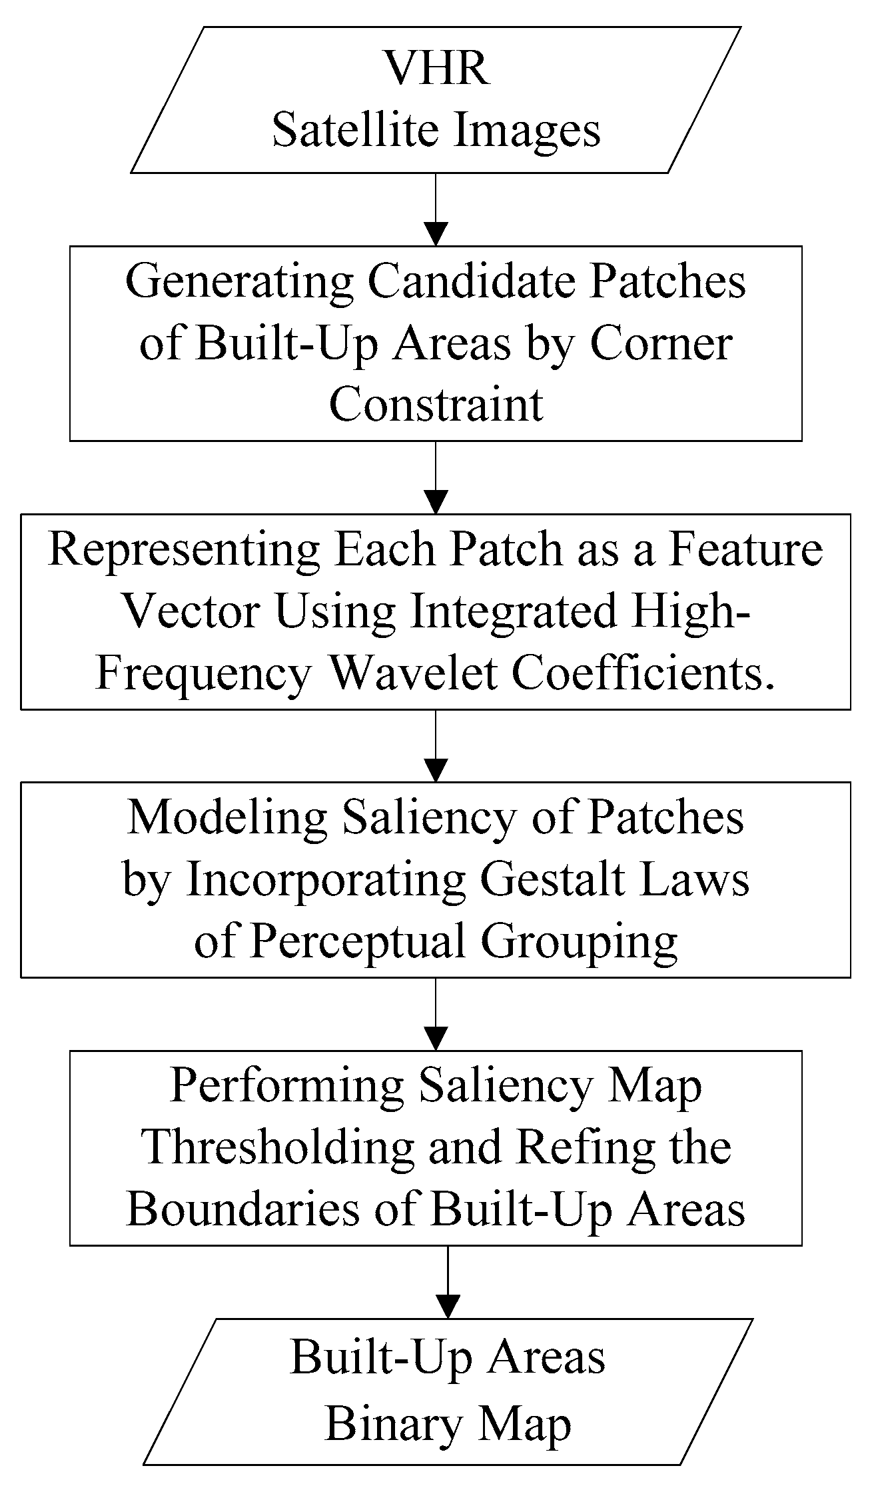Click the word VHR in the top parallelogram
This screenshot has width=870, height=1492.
tap(437, 69)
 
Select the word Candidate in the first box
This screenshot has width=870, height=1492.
tap(471, 282)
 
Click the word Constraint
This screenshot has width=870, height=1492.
tap(436, 405)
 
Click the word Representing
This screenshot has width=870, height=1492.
tap(185, 551)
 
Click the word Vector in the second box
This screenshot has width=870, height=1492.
tap(192, 613)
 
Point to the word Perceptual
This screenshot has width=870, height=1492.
tap(358, 943)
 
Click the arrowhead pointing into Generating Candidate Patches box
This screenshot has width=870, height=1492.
tap(436, 235)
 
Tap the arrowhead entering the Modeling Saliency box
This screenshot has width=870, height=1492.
tap(436, 771)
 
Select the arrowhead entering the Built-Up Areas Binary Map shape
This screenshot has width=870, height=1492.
tap(448, 1306)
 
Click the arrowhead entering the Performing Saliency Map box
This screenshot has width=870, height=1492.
tap(436, 1039)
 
